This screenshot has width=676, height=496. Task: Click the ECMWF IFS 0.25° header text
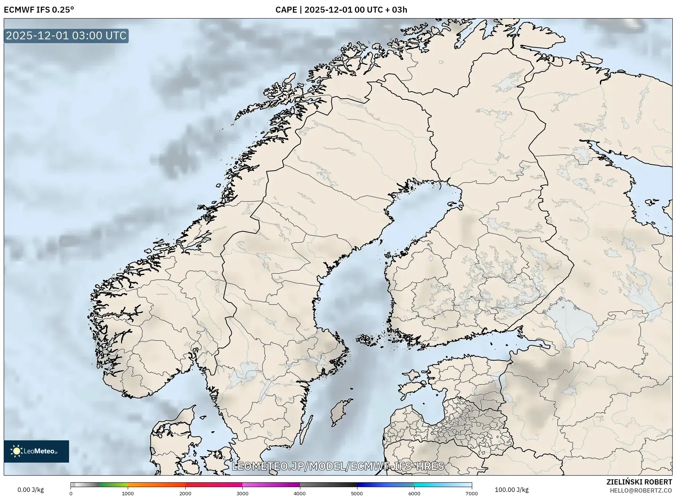click(39, 10)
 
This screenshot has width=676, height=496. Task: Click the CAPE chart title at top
click(341, 10)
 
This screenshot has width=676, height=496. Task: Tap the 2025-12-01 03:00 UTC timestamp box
click(66, 36)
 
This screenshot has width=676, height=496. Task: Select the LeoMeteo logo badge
click(36, 451)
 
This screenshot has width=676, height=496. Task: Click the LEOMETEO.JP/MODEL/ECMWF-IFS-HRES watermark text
click(338, 466)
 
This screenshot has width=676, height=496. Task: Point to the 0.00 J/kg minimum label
click(30, 490)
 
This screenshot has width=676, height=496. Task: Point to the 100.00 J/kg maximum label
click(512, 490)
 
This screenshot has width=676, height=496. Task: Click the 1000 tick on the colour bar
click(128, 493)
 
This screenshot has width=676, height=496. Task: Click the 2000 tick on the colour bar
click(185, 493)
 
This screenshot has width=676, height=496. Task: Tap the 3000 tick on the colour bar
click(242, 493)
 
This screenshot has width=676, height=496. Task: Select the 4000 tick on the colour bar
click(300, 493)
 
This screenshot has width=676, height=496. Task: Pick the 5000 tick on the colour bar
click(357, 493)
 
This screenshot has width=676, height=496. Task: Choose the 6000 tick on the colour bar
click(414, 493)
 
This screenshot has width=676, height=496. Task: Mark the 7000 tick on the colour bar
click(471, 493)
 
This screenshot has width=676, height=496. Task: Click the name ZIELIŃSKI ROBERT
click(639, 482)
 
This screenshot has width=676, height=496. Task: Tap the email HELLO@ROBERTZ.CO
click(641, 490)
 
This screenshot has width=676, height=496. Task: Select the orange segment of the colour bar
click(156, 485)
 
